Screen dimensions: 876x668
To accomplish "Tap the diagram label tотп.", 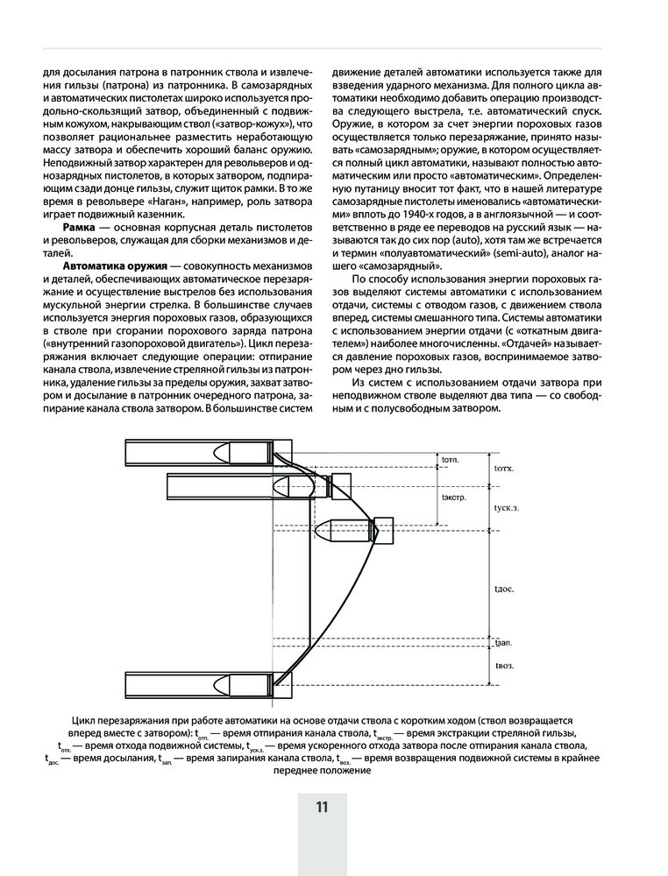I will [451, 458].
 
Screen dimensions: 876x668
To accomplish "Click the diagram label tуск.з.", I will [508, 507].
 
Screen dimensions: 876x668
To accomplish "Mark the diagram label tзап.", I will [504, 641].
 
